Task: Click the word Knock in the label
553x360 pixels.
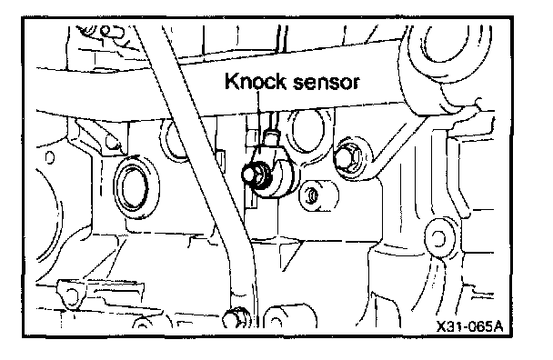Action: point(256,81)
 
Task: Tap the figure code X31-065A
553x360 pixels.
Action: point(469,326)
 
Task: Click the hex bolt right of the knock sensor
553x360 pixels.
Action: point(348,158)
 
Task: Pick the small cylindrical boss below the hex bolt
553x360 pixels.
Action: point(317,195)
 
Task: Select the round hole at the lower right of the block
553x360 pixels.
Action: point(438,238)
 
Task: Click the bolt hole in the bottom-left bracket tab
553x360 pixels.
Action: point(72,295)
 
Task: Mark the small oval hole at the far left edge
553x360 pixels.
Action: point(50,157)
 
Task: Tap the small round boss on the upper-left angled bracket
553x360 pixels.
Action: point(113,143)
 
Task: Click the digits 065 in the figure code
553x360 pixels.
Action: point(476,326)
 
